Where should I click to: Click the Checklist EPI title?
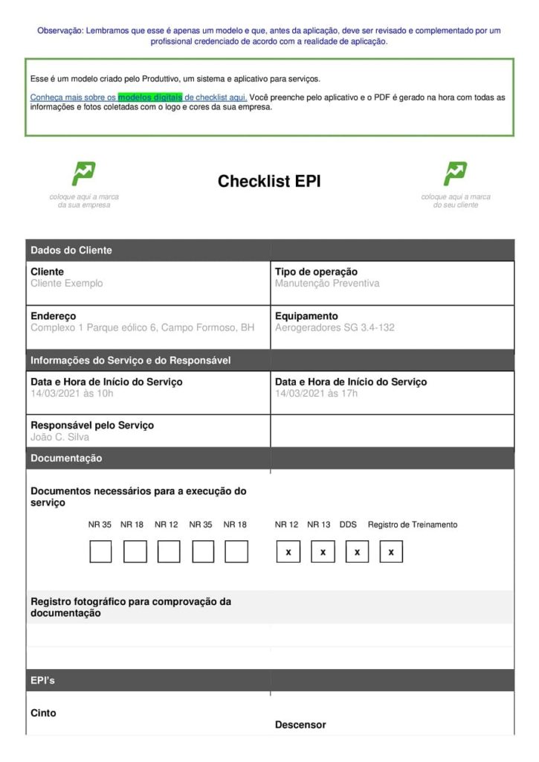[x=269, y=182]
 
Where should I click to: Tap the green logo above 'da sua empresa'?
[x=83, y=173]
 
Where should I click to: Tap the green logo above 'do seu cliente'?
[x=455, y=173]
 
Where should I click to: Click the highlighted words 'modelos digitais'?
[x=150, y=97]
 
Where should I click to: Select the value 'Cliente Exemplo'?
[x=67, y=284]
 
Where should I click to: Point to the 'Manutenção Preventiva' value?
[x=327, y=284]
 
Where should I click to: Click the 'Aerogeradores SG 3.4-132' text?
[x=335, y=327]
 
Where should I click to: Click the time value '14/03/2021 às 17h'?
[x=316, y=393]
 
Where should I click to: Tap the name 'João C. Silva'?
[x=59, y=437]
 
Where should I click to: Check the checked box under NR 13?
[x=323, y=551]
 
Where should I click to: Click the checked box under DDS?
[x=357, y=551]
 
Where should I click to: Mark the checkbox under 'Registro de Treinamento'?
[x=391, y=551]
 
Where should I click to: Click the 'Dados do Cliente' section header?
[x=71, y=251]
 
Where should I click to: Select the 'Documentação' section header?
[x=66, y=459]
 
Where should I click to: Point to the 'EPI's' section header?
[x=43, y=681]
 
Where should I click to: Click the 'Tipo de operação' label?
[x=316, y=272]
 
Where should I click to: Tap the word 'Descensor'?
[x=300, y=724]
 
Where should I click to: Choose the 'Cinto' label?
[x=43, y=713]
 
